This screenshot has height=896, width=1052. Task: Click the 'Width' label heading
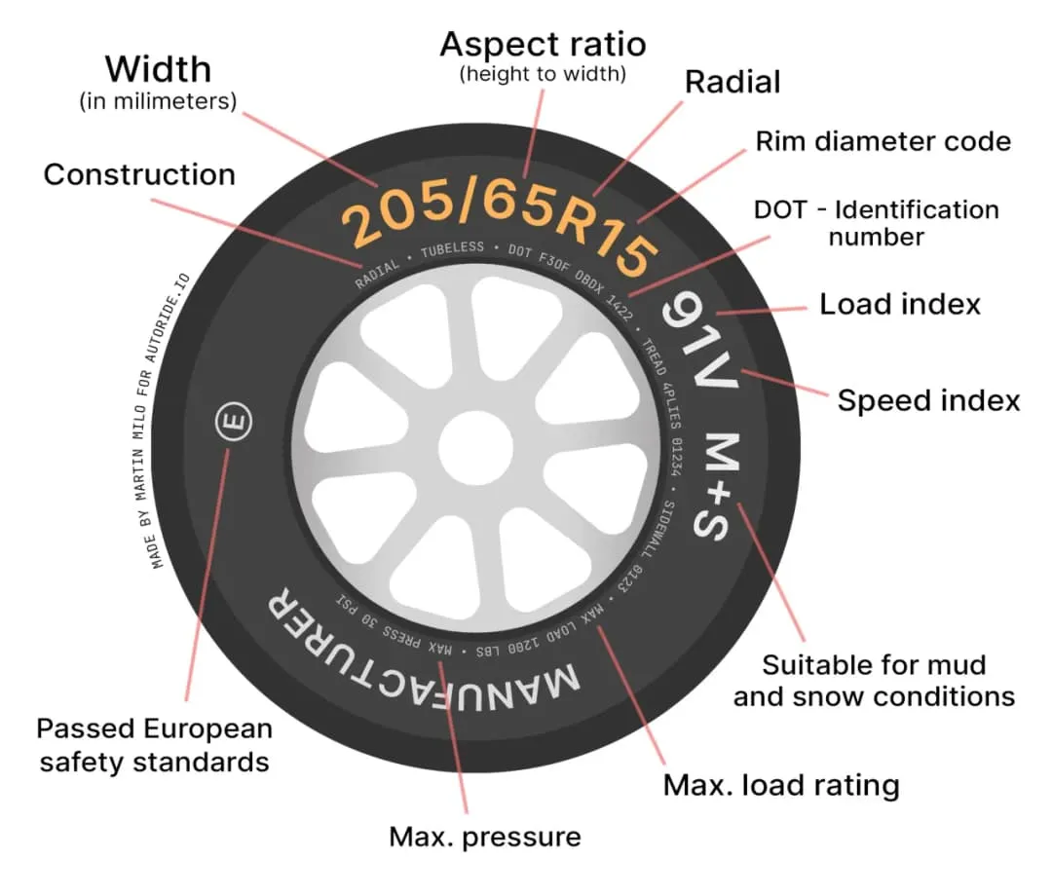(158, 70)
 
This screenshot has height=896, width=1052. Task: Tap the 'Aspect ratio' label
(543, 45)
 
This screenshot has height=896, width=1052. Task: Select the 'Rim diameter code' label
(883, 142)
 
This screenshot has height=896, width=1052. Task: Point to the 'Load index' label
(899, 304)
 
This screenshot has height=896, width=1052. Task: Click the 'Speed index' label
(928, 400)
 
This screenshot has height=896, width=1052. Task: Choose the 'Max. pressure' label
(484, 837)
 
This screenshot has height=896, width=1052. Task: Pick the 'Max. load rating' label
(781, 785)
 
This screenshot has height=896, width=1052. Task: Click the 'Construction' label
(139, 174)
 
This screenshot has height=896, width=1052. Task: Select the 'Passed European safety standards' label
(154, 745)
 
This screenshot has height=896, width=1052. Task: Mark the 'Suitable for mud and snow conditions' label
(873, 681)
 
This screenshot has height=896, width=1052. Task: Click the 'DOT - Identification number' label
(877, 222)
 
